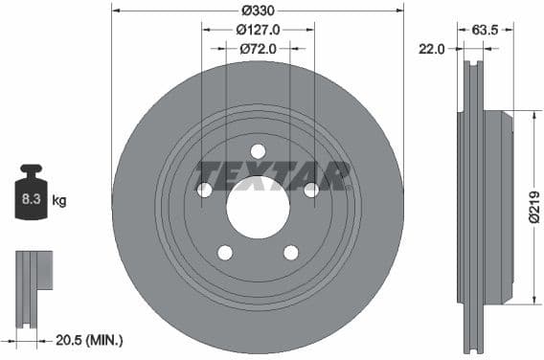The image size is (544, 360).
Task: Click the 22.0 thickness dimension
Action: point(432,50)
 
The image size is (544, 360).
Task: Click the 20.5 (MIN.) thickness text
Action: point(92,340)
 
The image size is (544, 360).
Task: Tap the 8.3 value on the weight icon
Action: point(30,200)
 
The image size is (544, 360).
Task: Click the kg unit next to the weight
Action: point(59,200)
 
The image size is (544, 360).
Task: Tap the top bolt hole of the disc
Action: point(258,150)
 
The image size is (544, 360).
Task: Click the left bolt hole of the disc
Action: point(204,190)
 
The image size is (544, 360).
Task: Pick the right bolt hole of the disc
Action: point(311,190)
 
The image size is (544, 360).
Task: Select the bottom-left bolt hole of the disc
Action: point(224,252)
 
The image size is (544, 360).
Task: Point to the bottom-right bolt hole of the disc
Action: point(291,252)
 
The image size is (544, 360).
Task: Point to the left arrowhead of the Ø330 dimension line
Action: point(115,10)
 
